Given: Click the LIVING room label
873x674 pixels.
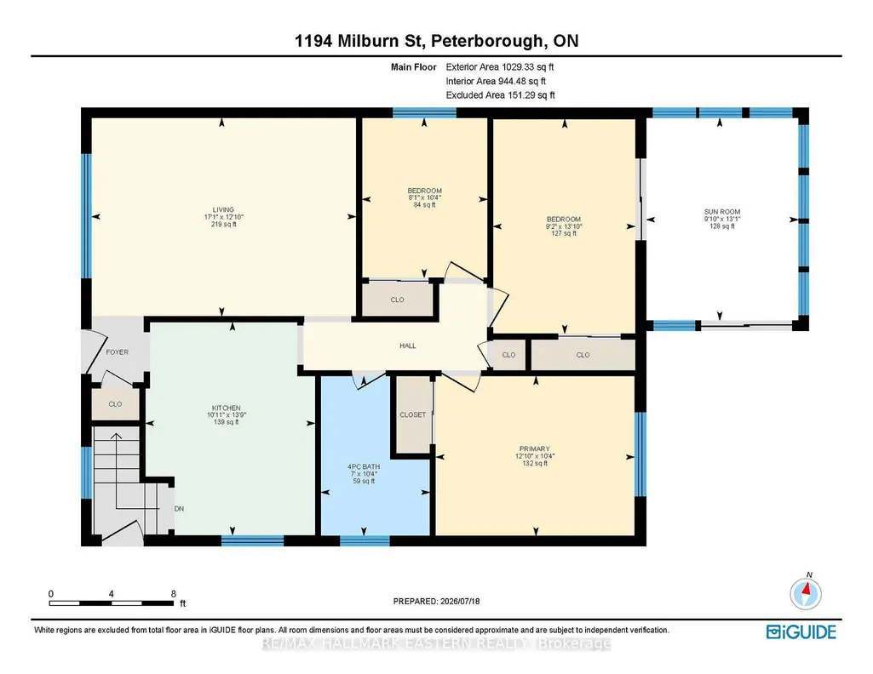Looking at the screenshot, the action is point(223,209).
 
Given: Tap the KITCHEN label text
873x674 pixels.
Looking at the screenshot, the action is point(226,408).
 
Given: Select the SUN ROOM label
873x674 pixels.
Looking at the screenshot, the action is point(722,211).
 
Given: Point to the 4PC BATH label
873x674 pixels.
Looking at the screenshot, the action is point(364,466).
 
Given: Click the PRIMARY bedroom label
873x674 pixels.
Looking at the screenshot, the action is point(535,448).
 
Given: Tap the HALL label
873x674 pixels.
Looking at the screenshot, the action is point(408,346).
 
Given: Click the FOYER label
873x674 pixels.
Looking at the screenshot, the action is point(117,352).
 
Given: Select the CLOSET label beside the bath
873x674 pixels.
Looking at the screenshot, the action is point(412,414).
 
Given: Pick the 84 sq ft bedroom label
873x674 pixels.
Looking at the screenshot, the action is point(425,191).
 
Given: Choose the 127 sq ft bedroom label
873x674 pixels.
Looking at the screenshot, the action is point(564,219).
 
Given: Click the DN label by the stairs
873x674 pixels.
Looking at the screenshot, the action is point(179,508).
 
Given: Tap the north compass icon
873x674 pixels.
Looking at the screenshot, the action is point(806,593).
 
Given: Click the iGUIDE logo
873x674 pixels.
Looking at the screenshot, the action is point(801,631).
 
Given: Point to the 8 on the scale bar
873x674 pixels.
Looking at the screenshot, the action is point(174,593).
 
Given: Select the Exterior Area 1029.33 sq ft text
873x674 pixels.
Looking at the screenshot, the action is point(499,66).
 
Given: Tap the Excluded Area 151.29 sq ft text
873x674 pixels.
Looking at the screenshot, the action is point(500,95).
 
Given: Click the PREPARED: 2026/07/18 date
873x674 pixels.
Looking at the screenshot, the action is point(436,601).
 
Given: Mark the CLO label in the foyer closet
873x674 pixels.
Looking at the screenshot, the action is point(115,403).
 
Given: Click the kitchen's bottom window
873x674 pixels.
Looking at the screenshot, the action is point(253,540).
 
